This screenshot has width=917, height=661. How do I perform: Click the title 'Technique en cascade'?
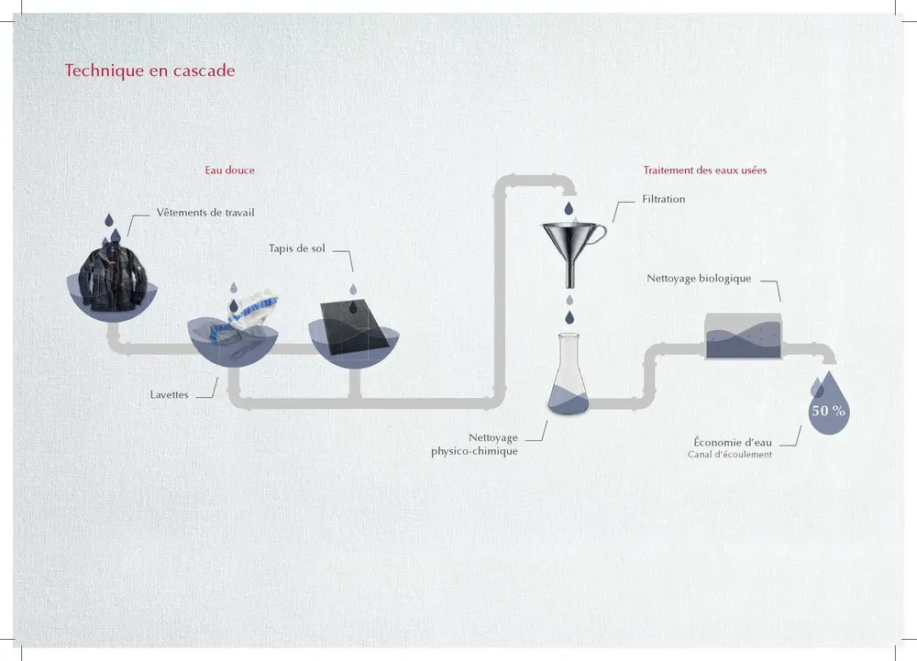point(149,71)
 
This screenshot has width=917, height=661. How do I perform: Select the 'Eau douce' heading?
point(229,171)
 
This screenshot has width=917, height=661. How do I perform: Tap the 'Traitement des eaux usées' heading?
point(705,171)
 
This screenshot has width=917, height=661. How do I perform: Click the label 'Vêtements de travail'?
point(199,213)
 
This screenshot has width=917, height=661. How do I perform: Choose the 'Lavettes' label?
point(169,395)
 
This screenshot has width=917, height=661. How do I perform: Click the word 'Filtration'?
point(663,199)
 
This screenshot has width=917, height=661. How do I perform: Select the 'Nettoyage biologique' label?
point(699,278)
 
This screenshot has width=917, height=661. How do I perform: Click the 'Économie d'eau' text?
point(730,441)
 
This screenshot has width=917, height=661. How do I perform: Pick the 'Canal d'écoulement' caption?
point(729,455)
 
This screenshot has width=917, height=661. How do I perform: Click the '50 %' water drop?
point(828,408)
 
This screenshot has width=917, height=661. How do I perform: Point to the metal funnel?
point(570,246)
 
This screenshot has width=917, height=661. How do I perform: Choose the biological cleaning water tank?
point(743,336)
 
